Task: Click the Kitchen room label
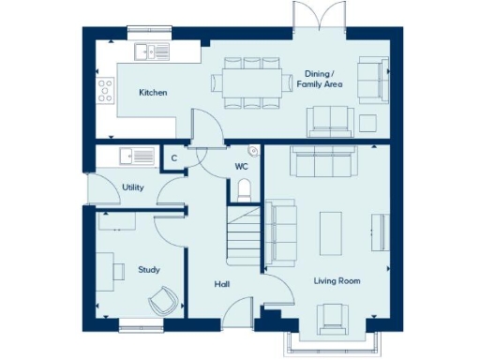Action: point(153,93)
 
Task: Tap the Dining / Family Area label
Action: point(323,79)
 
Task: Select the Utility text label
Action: point(133,187)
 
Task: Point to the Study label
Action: point(148,270)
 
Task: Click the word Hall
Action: point(221,284)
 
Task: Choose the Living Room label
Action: point(337,280)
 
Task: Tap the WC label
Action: point(241,168)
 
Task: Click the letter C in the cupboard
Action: point(174,158)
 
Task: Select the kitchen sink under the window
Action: point(148,52)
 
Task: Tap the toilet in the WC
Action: point(244,191)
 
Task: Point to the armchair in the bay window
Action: point(332,319)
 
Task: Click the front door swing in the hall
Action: point(238,309)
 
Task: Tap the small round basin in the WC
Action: point(252,151)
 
